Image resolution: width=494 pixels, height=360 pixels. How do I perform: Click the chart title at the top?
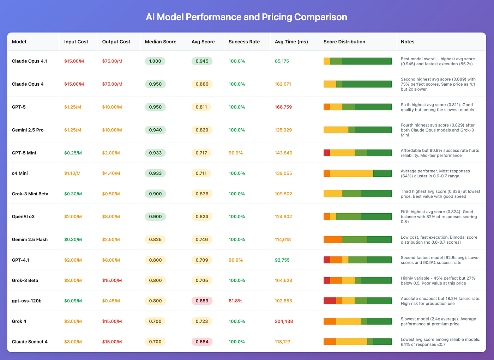click(246, 17)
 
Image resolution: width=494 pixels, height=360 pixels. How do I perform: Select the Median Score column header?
click(161, 42)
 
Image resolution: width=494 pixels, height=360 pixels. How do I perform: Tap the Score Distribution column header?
click(344, 42)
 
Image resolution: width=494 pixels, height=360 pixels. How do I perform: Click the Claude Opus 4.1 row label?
click(29, 61)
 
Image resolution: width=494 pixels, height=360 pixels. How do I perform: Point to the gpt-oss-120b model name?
click(27, 301)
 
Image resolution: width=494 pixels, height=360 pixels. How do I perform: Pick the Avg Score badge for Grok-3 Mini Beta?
click(201, 194)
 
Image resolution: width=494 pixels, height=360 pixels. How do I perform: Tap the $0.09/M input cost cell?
click(73, 301)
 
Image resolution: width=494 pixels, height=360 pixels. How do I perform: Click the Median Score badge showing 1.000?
click(155, 61)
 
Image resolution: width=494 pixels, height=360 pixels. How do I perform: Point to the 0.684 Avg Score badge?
click(202, 342)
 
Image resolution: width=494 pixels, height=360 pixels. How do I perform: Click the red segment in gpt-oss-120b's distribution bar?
click(330, 301)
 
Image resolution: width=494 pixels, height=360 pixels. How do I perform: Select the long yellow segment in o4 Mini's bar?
click(351, 173)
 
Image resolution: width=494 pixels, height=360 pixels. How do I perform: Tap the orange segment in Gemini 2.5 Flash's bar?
click(333, 239)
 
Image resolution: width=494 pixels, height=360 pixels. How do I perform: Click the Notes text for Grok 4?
click(438, 321)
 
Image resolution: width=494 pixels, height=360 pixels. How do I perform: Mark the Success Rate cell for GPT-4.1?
click(235, 260)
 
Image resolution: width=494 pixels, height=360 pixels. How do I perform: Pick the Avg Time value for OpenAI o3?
click(283, 216)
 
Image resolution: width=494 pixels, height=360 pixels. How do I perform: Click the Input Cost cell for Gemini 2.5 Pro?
click(73, 130)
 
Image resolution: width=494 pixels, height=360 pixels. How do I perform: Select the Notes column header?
click(408, 42)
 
